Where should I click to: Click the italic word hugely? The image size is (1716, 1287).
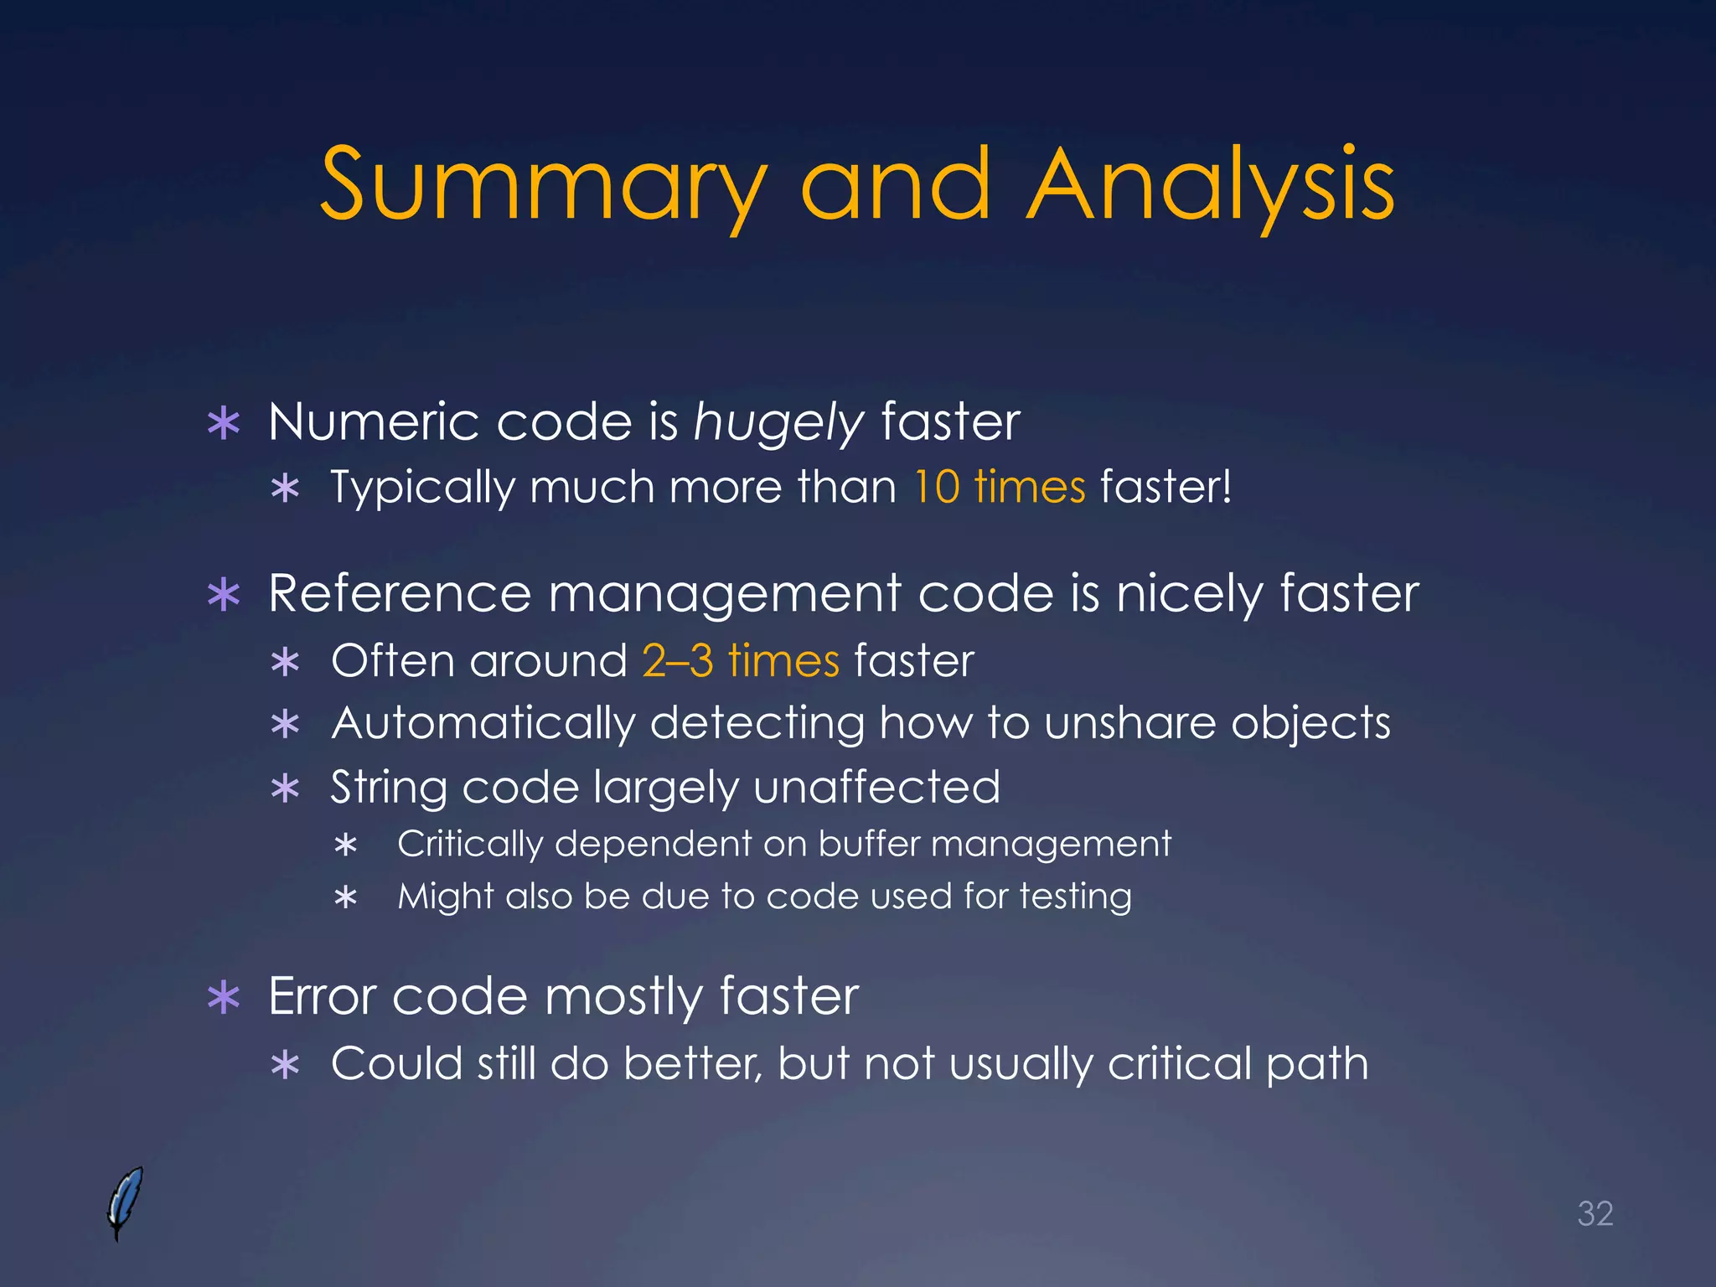click(x=778, y=422)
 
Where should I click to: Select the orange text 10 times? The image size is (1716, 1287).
click(x=999, y=487)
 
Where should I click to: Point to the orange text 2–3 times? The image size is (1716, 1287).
click(x=741, y=660)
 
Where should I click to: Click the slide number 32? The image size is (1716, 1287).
click(x=1595, y=1213)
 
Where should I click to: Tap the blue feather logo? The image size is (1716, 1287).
click(x=125, y=1202)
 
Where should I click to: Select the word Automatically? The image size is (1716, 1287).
click(x=483, y=723)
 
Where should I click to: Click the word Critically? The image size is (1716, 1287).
click(x=470, y=844)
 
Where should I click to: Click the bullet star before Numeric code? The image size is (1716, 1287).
click(x=224, y=423)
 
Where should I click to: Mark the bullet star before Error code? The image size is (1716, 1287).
click(x=224, y=998)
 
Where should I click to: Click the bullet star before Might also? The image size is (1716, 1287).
click(x=345, y=898)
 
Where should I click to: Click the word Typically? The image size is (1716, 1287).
click(x=422, y=487)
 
